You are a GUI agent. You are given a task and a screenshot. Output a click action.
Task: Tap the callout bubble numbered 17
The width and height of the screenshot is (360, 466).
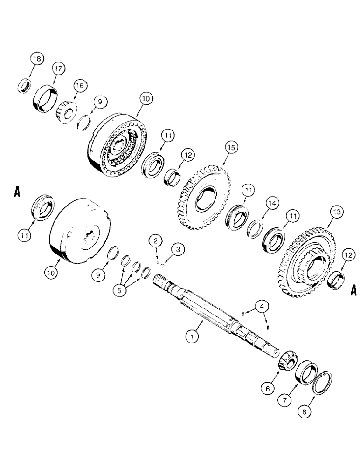tap(58, 68)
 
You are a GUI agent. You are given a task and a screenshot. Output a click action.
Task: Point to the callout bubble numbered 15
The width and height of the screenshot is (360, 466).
tap(231, 148)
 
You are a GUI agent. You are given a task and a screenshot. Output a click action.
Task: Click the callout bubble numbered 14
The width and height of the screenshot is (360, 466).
tap(270, 203)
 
